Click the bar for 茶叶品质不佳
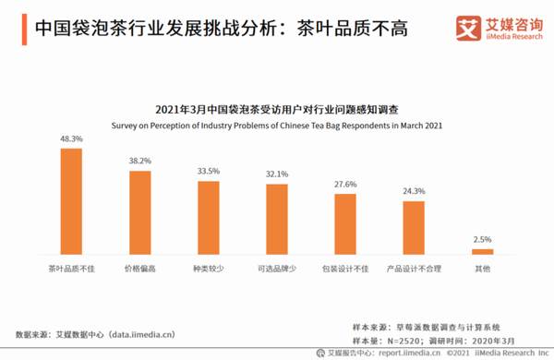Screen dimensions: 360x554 pyautogui.click(x=71, y=200)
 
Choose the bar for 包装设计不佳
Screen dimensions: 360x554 pyautogui.click(x=345, y=224)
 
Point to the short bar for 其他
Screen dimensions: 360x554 pyautogui.click(x=482, y=251)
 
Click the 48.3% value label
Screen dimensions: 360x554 pyautogui.click(x=71, y=138)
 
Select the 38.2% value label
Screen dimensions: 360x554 pyautogui.click(x=139, y=162)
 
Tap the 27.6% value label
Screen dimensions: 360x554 pyautogui.click(x=345, y=185)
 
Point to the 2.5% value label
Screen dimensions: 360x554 pyautogui.click(x=482, y=239)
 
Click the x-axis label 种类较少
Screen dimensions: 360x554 pyautogui.click(x=209, y=269)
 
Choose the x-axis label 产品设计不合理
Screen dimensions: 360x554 pyautogui.click(x=413, y=269)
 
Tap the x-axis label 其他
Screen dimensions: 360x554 pyautogui.click(x=482, y=269)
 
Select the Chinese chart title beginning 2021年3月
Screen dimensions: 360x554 pyautogui.click(x=276, y=110)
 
